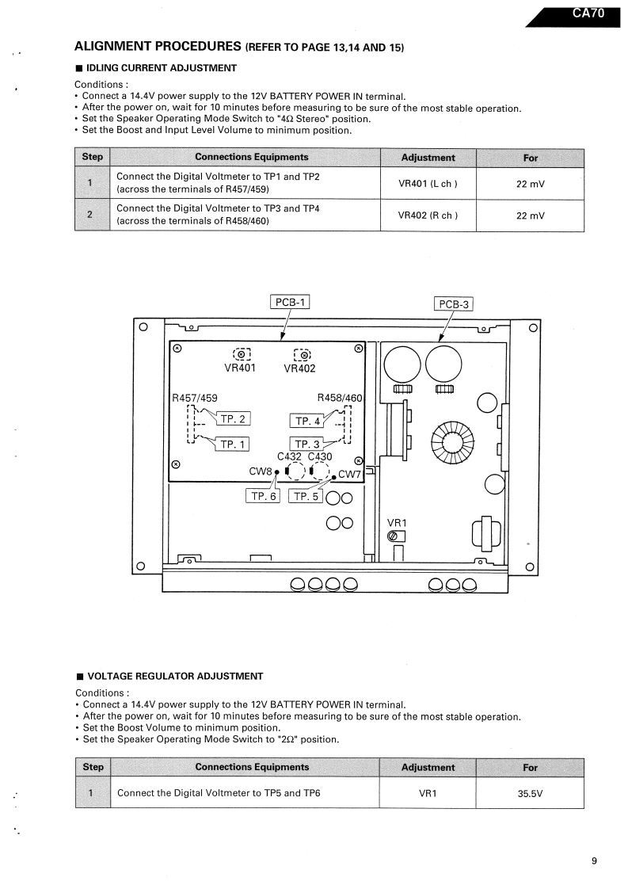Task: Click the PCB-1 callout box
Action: [x=291, y=301]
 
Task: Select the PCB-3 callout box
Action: [x=455, y=304]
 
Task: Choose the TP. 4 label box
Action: [x=306, y=421]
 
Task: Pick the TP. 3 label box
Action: [x=306, y=444]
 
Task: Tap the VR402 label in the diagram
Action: [x=301, y=368]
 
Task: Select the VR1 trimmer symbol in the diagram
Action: [x=394, y=536]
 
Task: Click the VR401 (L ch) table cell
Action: [x=428, y=184]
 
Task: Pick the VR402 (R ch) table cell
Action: [x=428, y=216]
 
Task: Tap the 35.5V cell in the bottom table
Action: [x=530, y=792]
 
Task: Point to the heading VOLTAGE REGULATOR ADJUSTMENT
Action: [x=174, y=676]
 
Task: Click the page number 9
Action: [x=594, y=862]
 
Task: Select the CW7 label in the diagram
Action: [x=349, y=475]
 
